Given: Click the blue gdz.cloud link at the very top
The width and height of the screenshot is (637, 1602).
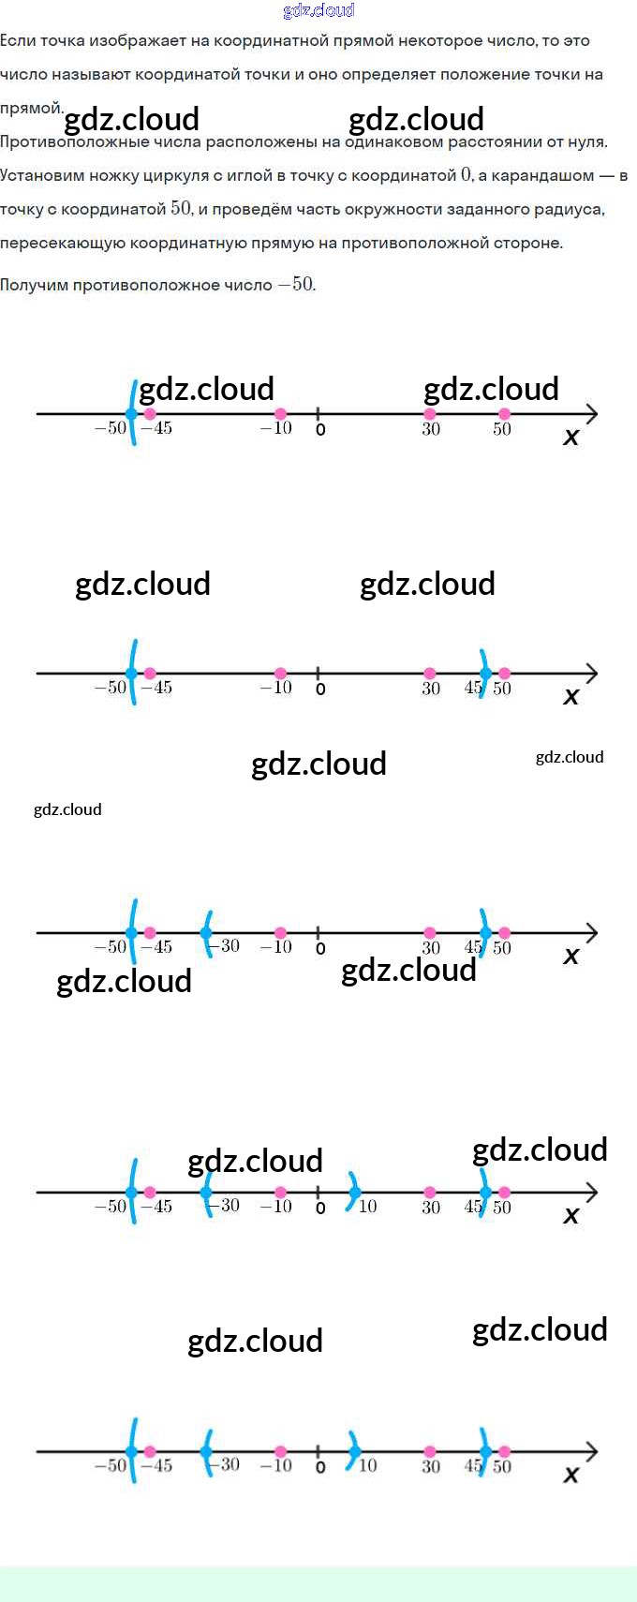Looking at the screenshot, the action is pyautogui.click(x=318, y=10).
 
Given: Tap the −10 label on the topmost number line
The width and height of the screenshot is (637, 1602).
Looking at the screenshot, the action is pyautogui.click(x=276, y=428).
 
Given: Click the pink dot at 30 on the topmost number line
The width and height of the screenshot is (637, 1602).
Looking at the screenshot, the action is pyautogui.click(x=430, y=413).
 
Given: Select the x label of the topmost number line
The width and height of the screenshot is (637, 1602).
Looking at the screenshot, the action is pyautogui.click(x=570, y=437).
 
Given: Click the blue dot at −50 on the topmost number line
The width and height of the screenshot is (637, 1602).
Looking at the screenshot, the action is pyautogui.click(x=131, y=413).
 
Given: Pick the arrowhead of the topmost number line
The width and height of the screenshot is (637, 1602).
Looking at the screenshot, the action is pyautogui.click(x=591, y=413).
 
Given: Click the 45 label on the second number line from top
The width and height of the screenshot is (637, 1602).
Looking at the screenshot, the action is pyautogui.click(x=473, y=688).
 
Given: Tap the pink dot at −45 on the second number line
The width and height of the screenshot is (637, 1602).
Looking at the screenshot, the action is pyautogui.click(x=150, y=674).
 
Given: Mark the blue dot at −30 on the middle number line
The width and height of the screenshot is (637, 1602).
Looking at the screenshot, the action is pyautogui.click(x=206, y=933).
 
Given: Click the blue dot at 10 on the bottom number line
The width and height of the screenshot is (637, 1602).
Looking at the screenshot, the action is pyautogui.click(x=355, y=1452).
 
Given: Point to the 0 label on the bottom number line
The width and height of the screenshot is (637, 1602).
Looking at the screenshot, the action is pyautogui.click(x=320, y=1467).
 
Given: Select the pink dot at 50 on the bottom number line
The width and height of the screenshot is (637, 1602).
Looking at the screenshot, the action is pyautogui.click(x=504, y=1452).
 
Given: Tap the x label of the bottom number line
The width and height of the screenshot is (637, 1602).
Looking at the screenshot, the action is pyautogui.click(x=570, y=1475).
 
